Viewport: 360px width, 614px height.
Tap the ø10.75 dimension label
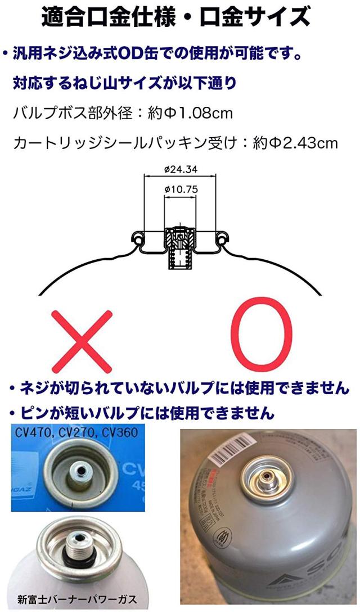181,189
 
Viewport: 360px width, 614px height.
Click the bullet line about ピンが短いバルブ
142,414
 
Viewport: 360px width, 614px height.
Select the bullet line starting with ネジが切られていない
179,387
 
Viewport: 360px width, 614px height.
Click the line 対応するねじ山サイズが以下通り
124,84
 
